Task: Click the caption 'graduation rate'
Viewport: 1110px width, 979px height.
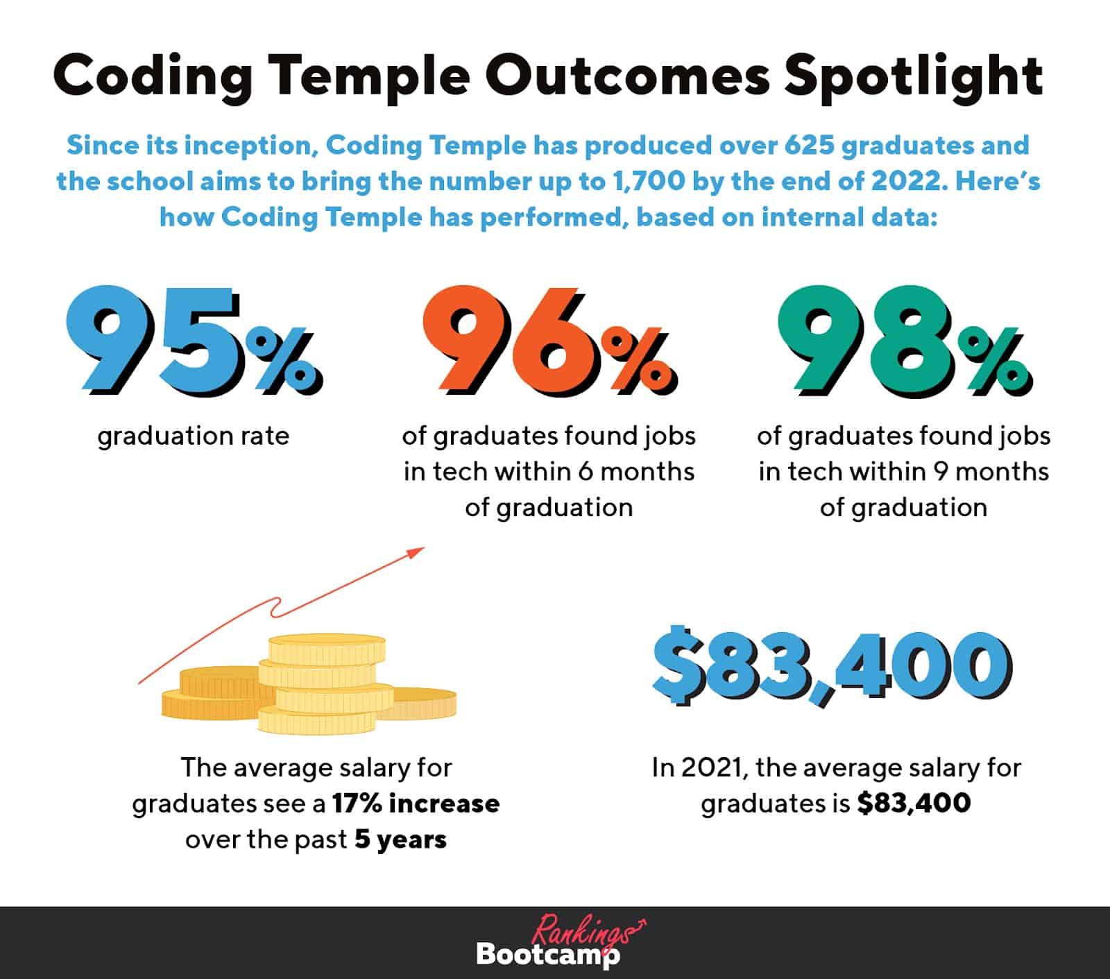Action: coord(193,436)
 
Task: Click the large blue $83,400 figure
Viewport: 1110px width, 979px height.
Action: coord(831,666)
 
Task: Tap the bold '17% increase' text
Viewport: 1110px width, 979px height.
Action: coord(416,803)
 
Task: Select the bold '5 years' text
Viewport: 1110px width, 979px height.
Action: coord(400,840)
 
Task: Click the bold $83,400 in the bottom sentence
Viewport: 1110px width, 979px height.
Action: coord(914,803)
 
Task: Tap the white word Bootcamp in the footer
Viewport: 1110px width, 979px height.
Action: coord(547,955)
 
